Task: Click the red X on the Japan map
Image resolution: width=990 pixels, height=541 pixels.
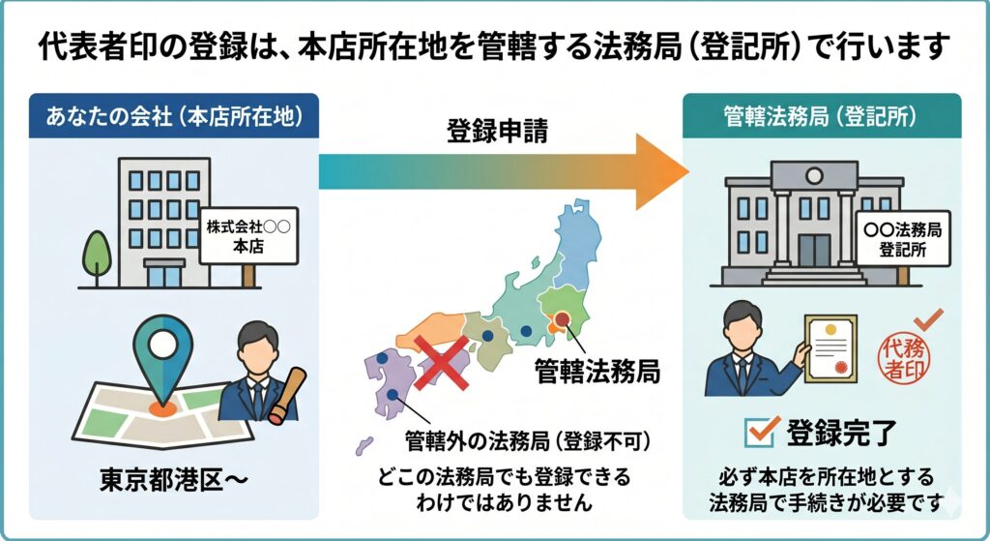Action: (x=442, y=362)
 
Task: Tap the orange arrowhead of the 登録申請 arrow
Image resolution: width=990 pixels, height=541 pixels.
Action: (x=659, y=171)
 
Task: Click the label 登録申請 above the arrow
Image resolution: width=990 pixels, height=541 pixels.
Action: (x=497, y=131)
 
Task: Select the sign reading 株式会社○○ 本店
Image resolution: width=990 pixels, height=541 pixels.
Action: (x=248, y=236)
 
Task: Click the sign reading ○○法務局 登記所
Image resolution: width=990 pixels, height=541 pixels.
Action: (x=903, y=238)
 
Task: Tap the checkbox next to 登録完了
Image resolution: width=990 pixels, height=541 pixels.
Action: (x=760, y=433)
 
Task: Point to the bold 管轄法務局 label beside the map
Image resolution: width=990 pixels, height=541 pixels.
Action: (x=597, y=371)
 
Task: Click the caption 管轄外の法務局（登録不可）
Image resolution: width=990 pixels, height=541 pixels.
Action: (x=528, y=440)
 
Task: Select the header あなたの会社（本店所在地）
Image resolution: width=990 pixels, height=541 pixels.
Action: (x=174, y=116)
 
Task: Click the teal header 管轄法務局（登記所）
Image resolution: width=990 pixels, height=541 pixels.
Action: (x=822, y=116)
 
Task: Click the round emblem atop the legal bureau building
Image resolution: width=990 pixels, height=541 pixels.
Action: (x=814, y=175)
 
